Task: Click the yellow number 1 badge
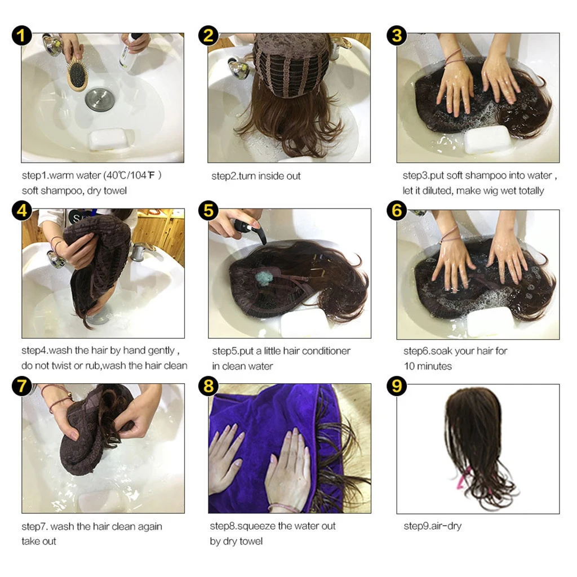click(21, 37)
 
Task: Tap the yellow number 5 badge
click(209, 211)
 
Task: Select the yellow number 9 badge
click(397, 387)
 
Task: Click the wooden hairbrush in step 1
click(77, 76)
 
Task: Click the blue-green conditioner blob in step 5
click(264, 278)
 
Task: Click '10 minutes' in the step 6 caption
click(428, 366)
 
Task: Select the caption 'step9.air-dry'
click(432, 526)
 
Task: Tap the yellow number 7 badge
click(21, 387)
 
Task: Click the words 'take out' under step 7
click(39, 542)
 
